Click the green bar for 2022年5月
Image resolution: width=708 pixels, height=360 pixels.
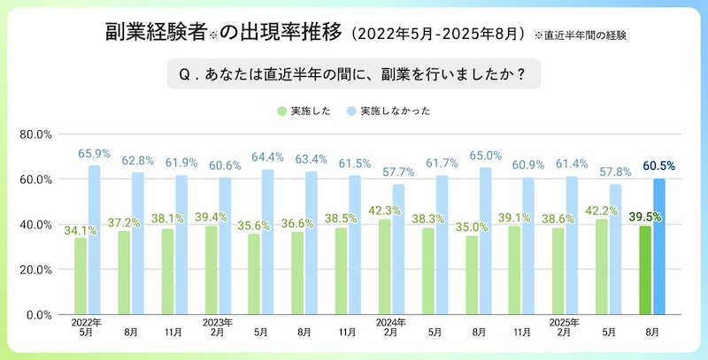81,276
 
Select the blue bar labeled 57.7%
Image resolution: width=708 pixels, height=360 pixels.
397,249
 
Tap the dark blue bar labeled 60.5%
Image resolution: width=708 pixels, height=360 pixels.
658,246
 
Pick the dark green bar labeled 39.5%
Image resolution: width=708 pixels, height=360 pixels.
646,270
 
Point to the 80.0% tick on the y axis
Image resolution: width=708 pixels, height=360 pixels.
36,134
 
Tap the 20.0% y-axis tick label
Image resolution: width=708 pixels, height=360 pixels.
36,270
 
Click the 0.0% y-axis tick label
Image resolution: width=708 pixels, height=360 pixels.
40,315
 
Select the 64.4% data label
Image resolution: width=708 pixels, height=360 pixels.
267,157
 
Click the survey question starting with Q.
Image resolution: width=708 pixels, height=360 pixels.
353,76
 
